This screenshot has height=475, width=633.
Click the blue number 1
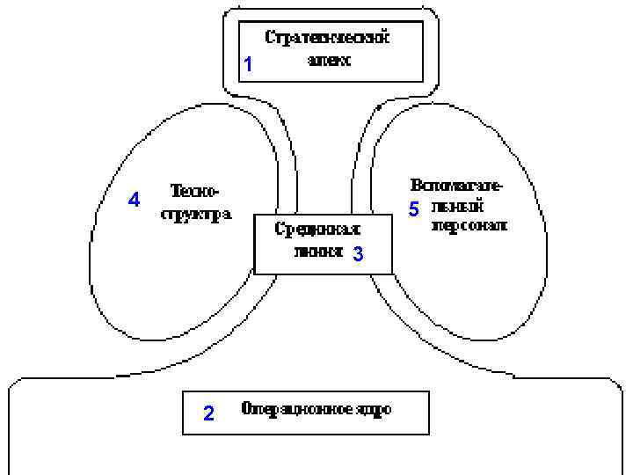coord(248,65)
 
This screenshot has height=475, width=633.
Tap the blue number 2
coord(208,413)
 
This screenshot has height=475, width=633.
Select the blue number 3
coord(357,255)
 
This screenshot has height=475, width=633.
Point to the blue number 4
coord(134,200)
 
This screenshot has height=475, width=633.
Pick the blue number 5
coord(414,209)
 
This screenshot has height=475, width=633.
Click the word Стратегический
coord(326,39)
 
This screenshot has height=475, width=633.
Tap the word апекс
coord(329,61)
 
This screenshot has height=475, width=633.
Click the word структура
coord(195,215)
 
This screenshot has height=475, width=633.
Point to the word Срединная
coord(317,229)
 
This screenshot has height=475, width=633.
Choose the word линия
coord(316,250)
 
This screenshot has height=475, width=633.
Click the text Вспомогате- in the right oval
coord(457,186)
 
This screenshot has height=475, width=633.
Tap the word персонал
coord(469,225)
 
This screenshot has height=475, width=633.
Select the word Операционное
coord(296,409)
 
